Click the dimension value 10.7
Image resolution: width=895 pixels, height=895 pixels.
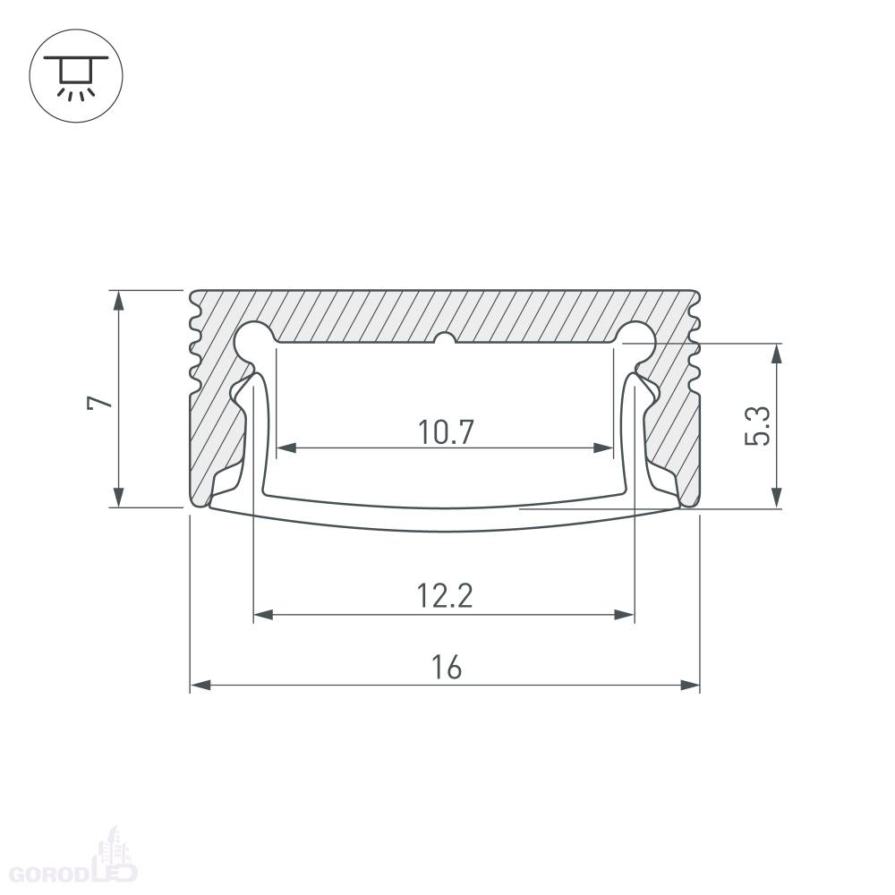446,432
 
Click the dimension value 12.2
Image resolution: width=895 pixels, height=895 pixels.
445,596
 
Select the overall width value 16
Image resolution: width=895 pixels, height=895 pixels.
447,668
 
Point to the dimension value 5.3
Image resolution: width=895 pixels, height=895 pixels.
758,426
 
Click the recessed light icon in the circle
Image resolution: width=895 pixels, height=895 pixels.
76,76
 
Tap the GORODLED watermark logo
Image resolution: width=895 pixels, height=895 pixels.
74,858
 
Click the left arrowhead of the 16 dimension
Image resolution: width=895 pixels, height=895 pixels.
200,685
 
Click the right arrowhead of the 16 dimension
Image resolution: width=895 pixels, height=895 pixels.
689,685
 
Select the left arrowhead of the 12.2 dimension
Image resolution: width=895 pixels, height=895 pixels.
263,615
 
